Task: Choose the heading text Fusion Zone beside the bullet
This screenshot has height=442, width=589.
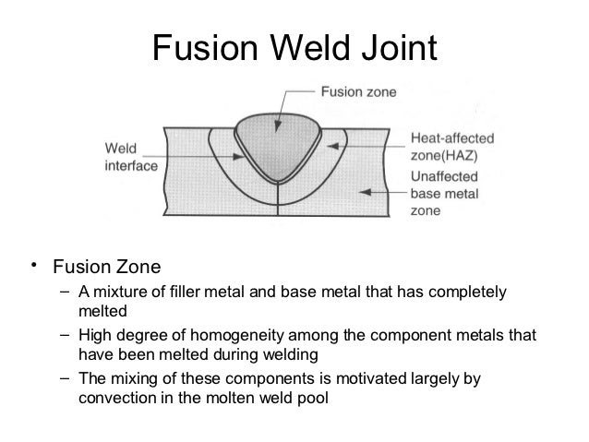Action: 106,269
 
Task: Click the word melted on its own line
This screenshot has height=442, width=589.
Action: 101,312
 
